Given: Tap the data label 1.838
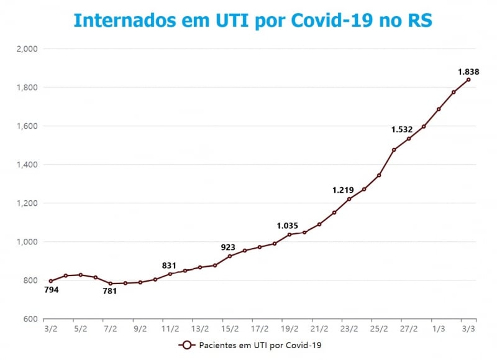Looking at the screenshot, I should pyautogui.click(x=468, y=72).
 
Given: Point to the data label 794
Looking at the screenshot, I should pyautogui.click(x=52, y=289).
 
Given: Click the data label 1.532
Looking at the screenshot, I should pyautogui.click(x=402, y=129).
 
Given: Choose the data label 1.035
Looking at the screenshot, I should pyautogui.click(x=288, y=226).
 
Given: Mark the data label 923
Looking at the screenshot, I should pyautogui.click(x=228, y=247).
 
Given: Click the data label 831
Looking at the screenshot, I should pyautogui.click(x=169, y=265).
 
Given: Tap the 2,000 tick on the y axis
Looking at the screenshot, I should pyautogui.click(x=28, y=48).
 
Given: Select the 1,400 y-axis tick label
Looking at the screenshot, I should pyautogui.click(x=28, y=165).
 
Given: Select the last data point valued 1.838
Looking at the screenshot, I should pyautogui.click(x=468, y=80).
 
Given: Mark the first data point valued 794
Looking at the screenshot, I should pyautogui.click(x=51, y=281).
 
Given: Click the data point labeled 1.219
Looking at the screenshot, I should pyautogui.click(x=349, y=199).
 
